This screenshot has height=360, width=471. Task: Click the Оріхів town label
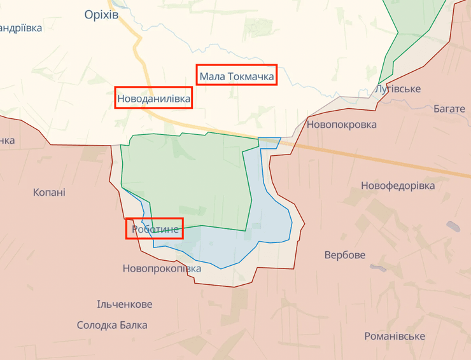tap(101, 15)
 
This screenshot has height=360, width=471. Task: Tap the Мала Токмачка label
tap(237, 78)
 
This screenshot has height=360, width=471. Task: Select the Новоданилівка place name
tap(154, 99)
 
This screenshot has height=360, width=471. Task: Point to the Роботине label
tap(155, 229)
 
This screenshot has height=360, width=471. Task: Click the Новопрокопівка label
tap(162, 268)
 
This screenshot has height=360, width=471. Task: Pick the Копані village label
tap(49, 192)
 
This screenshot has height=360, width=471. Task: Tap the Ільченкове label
tap(125, 305)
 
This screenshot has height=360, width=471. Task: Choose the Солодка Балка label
tap(112, 325)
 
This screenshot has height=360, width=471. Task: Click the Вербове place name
tap(345, 255)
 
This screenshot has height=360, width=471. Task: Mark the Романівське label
tap(395, 336)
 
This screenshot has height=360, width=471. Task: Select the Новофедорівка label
tap(398, 186)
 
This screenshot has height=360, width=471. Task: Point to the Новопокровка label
tap(342, 125)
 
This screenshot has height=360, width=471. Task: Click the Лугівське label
tap(398, 88)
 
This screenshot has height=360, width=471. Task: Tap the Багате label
tap(449, 109)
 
